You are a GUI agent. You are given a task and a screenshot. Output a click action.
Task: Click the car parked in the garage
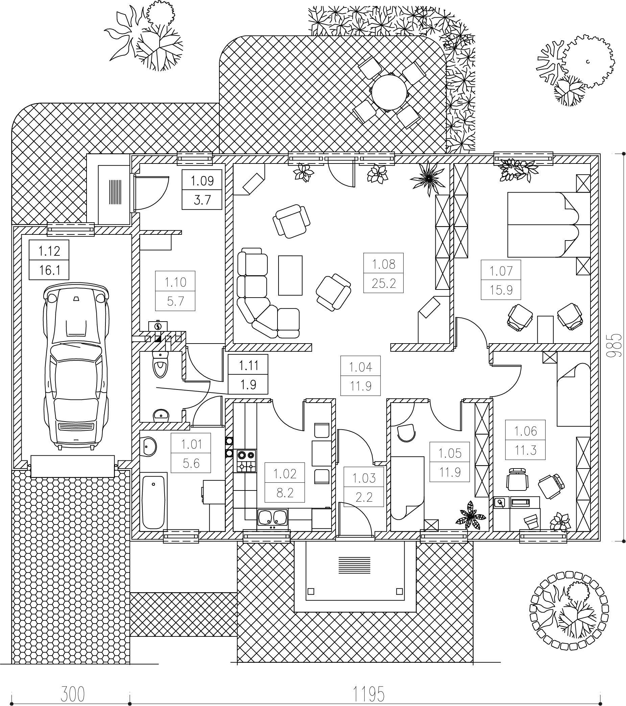pos(76,367)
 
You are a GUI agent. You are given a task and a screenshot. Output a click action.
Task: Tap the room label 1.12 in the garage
pos(49,251)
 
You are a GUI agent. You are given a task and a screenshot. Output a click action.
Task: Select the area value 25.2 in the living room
pos(384,283)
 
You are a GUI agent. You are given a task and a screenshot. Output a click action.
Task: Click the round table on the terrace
pos(390,92)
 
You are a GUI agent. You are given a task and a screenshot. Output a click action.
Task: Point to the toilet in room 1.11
pos(160,365)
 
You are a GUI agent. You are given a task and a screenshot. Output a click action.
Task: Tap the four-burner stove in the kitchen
pos(246,461)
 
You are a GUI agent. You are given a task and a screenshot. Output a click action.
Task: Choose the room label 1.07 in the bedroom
pos(501,271)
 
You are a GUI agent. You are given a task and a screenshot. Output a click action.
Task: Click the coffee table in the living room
pos(290,275)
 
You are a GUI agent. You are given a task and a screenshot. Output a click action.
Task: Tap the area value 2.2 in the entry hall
pos(364,497)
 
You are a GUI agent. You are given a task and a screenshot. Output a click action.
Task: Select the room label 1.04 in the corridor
pos(360,367)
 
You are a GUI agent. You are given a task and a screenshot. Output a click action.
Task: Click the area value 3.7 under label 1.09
pos(202,200)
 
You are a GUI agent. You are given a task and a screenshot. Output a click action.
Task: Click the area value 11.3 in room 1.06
pos(525,450)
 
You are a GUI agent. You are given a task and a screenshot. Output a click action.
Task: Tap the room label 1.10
pos(175,282)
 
